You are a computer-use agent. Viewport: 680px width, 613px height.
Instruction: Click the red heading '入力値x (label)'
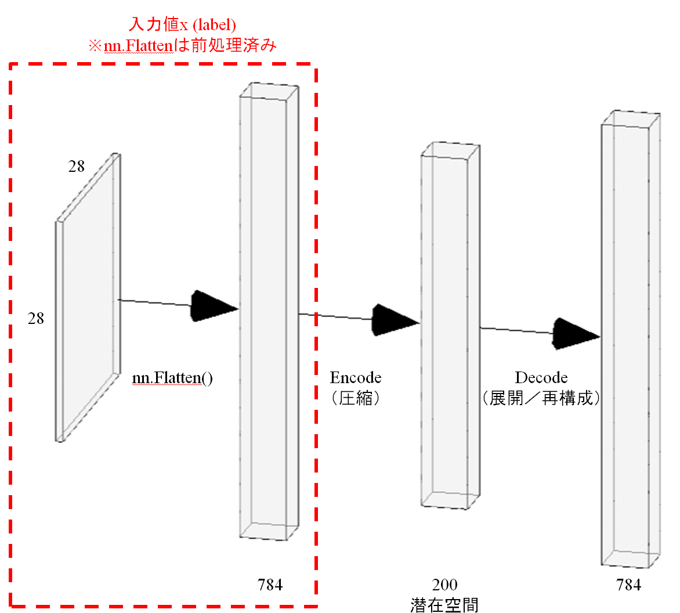182,24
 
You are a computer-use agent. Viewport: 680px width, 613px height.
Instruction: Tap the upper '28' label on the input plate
77,166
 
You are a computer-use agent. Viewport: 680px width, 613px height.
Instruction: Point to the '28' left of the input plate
36,319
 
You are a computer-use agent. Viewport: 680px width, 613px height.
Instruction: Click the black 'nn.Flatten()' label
172,378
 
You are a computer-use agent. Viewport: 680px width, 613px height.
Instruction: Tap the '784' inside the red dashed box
270,585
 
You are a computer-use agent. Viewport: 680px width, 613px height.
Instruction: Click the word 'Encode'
356,377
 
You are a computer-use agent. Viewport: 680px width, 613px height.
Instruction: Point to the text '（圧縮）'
356,398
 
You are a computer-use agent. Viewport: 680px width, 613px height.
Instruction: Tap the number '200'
444,585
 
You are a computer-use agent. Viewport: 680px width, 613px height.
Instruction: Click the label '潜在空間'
444,605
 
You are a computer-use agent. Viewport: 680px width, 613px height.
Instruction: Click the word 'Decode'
541,377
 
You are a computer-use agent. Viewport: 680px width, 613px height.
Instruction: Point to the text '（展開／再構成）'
541,398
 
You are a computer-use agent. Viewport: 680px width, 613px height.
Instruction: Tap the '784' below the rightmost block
628,585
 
